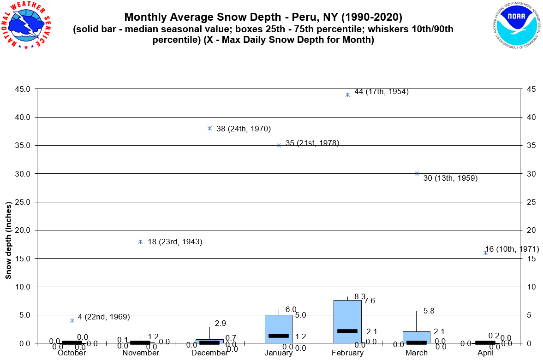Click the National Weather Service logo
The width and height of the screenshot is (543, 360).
click(x=26, y=25)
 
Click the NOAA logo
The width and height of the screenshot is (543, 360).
click(x=515, y=25)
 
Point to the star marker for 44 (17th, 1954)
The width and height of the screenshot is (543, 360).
click(x=347, y=94)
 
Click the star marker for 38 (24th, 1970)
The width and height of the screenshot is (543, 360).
click(x=209, y=128)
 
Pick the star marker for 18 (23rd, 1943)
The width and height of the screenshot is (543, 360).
click(x=140, y=242)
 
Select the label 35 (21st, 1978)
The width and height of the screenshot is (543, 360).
click(x=312, y=143)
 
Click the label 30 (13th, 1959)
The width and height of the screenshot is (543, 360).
click(x=450, y=178)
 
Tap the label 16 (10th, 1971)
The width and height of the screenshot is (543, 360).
click(x=512, y=249)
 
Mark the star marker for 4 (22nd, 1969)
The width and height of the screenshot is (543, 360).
click(x=72, y=320)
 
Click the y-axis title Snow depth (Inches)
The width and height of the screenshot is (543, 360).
click(x=8, y=240)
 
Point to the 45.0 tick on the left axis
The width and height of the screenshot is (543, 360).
click(x=22, y=89)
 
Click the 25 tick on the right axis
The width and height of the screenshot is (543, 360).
click(x=529, y=202)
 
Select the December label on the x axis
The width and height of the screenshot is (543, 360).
click(x=209, y=353)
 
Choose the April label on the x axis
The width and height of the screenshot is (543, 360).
click(x=485, y=353)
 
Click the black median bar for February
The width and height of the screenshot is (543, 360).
click(x=347, y=331)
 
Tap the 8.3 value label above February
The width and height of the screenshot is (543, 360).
click(x=360, y=296)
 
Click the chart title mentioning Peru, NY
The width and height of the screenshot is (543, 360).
click(x=263, y=18)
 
